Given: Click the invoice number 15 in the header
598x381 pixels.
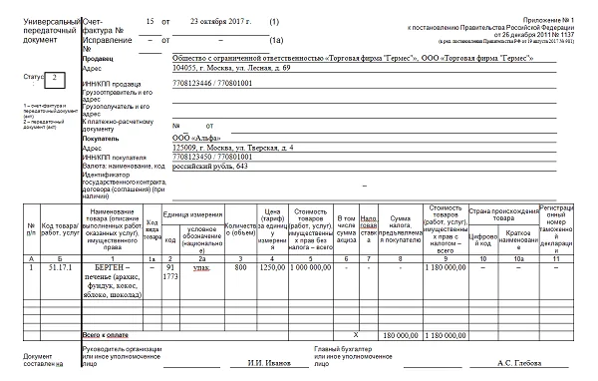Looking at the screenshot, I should coord(149,20).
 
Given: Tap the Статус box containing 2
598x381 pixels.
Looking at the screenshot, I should coord(56,76).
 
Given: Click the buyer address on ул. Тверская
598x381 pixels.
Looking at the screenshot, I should coord(232,148).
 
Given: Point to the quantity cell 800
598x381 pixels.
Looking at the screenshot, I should coord(240,267).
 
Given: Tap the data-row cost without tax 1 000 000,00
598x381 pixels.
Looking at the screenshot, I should coord(312,267).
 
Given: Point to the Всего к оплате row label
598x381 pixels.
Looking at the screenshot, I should coord(108,335).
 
